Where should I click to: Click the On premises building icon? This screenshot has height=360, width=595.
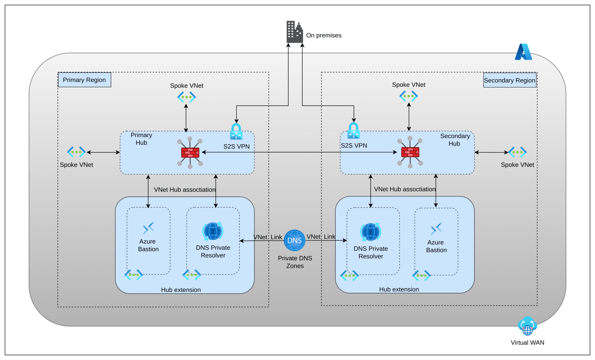294,32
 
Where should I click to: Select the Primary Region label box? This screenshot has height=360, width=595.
85,80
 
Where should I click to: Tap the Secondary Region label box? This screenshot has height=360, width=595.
509,80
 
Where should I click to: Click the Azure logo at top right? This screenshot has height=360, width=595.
523,52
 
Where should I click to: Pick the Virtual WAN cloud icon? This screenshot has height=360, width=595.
527,326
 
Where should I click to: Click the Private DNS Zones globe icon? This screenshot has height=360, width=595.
294,240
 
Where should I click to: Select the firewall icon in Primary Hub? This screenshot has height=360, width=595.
190,152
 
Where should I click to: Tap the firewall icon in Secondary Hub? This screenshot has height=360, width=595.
410,152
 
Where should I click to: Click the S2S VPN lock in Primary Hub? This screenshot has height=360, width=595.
236,132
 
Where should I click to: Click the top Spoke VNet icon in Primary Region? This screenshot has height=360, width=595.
187,97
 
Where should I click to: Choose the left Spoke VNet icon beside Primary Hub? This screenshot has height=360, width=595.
76,152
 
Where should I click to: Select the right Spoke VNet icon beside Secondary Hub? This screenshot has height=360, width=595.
517,152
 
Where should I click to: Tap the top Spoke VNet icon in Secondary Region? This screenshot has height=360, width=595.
408,96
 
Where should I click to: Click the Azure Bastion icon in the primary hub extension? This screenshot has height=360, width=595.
148,228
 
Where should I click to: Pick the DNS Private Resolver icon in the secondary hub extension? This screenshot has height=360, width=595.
371,232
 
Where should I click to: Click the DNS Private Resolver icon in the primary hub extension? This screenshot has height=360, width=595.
213,231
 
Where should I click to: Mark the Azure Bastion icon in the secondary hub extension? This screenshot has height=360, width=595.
436,229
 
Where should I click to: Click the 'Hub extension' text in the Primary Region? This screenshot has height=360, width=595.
181,290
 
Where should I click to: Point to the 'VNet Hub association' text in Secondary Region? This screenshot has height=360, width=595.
404,189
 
